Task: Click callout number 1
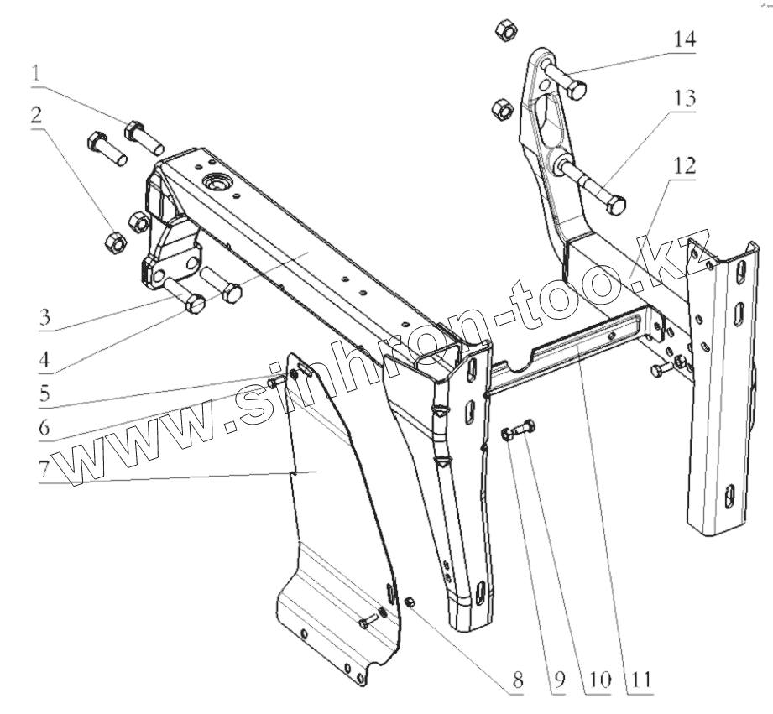36,73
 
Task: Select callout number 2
36,116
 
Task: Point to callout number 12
684,166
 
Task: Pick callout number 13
684,98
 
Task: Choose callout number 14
684,39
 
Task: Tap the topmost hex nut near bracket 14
506,31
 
